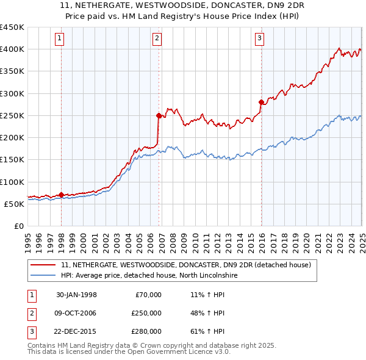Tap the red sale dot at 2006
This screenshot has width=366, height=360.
pos(159,115)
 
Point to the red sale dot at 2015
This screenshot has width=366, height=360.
pos(261,102)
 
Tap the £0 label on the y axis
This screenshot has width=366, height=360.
pos(18,226)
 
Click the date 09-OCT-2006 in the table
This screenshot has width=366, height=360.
pos(76,313)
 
